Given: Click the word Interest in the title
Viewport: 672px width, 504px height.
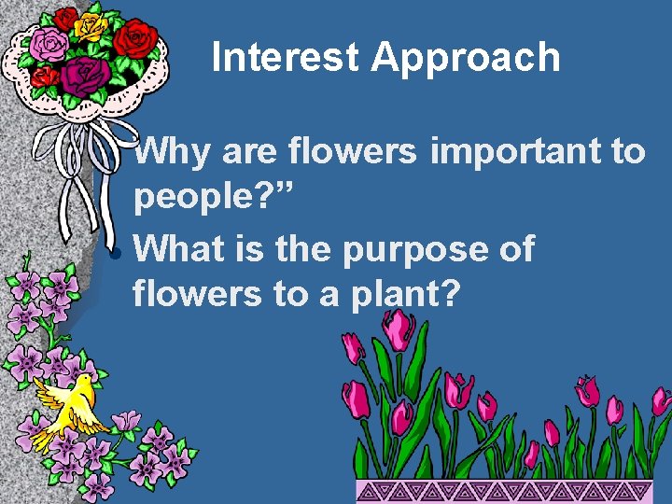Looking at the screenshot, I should click(x=286, y=58).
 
